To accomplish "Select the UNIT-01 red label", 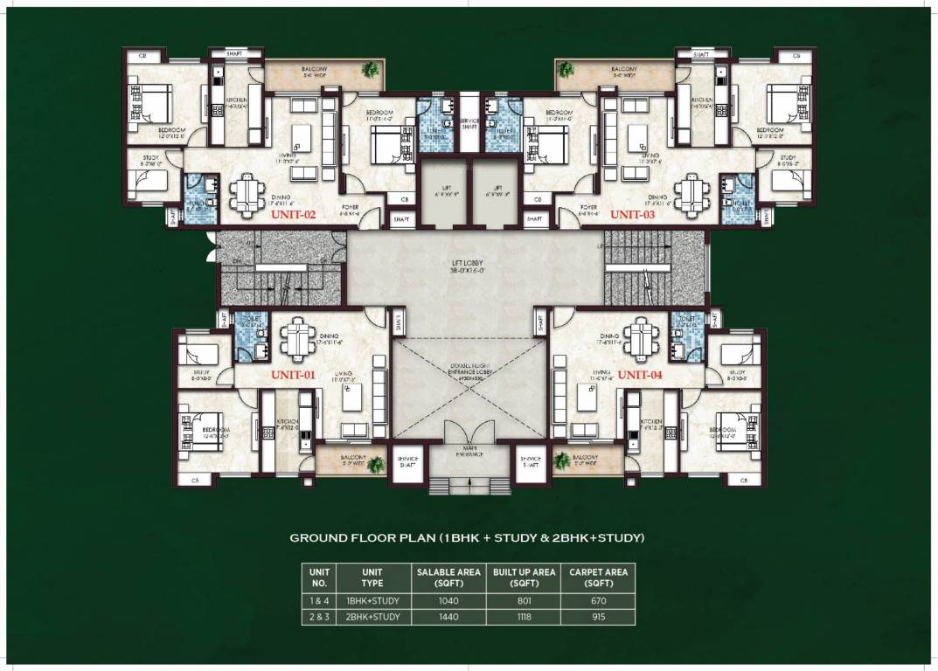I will point(292,374).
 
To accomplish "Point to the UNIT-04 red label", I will point(640,374).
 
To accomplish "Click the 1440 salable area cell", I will point(448,617).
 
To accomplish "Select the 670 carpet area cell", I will point(598,601).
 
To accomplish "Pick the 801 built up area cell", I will point(524,601).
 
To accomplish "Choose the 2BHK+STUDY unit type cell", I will point(372,617).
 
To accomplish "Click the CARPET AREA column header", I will point(598,578).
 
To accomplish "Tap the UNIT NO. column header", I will point(319,578).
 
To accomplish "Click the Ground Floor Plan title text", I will point(467,538).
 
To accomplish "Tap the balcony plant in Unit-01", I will point(376,464).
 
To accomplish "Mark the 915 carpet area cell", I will point(598,617).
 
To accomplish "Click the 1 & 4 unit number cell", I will point(319,601).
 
